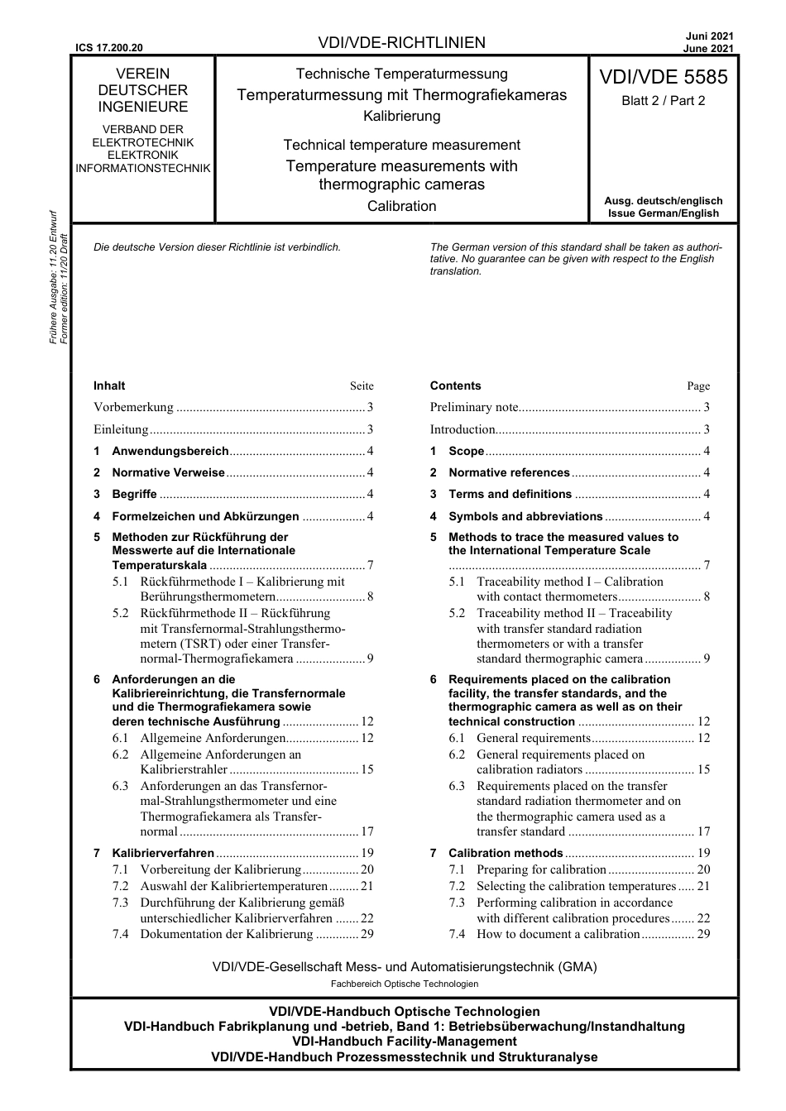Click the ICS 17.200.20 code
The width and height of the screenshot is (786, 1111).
pos(108,48)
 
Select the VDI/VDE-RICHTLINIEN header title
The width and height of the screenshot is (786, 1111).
pos(401,43)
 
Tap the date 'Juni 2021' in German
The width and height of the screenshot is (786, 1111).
pos(709,36)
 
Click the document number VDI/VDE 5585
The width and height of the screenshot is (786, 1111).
pos(663,77)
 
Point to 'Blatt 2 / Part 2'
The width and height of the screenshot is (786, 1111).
pos(663,101)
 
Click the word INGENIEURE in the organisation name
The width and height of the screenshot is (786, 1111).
pos(143,107)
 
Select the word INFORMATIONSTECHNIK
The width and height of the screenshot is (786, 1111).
pos(143,168)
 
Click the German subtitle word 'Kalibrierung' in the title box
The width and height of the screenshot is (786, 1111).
pos(401,116)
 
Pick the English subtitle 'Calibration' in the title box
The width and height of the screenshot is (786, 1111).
pos(401,206)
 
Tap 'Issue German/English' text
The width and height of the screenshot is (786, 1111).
pos(663,213)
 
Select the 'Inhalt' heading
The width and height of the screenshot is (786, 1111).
pos(109,385)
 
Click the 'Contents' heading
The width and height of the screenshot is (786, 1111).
pos(455,385)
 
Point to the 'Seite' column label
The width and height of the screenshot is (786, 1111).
pos(362,386)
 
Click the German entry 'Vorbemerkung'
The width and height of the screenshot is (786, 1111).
pos(133,407)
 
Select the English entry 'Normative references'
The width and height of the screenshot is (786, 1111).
pos(509,472)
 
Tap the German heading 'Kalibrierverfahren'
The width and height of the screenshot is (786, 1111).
pos(163,853)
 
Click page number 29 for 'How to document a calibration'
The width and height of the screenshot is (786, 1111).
pos(703,934)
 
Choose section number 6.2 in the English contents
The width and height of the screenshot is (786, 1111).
pos(457,754)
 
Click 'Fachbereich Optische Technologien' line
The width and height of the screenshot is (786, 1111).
pos(405,984)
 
